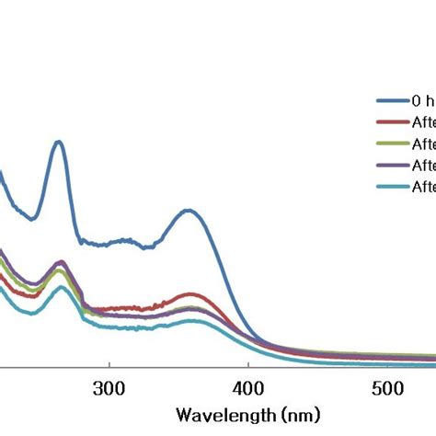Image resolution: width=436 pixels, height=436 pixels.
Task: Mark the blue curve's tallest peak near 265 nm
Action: click(x=59, y=142)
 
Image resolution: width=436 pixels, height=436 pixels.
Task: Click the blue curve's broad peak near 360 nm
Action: click(x=189, y=211)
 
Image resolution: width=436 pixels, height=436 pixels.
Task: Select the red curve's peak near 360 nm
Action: click(x=190, y=294)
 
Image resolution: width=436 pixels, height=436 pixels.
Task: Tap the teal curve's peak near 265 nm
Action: click(x=61, y=287)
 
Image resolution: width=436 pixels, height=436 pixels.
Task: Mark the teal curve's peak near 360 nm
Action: click(x=190, y=320)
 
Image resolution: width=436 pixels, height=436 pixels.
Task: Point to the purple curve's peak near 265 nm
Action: click(x=62, y=262)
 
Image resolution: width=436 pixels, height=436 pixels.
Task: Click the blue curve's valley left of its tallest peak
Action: click(x=33, y=219)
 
